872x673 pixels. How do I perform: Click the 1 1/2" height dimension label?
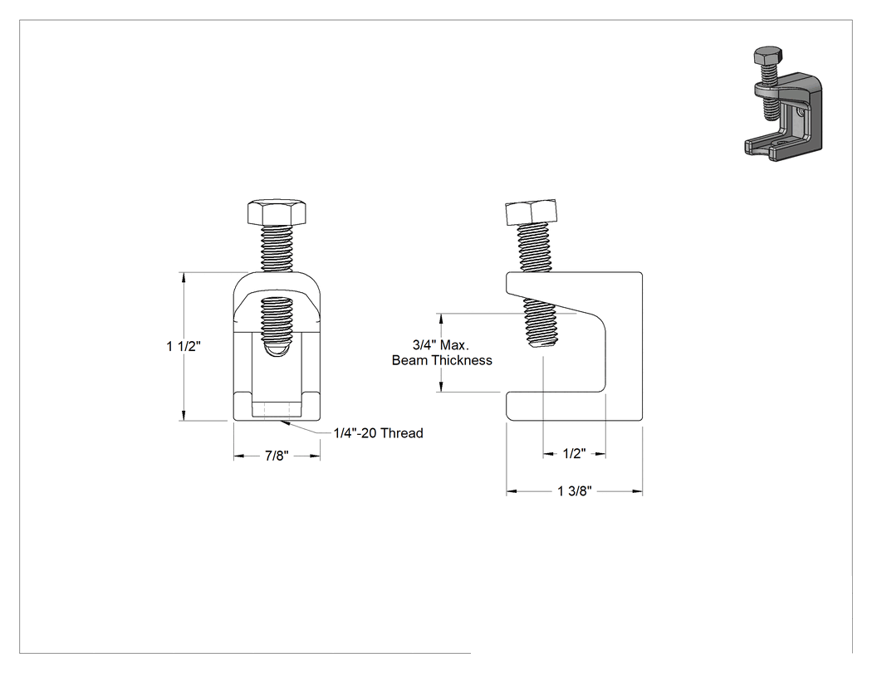(184, 346)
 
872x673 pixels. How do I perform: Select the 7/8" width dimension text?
(277, 456)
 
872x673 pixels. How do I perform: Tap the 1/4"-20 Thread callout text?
(378, 433)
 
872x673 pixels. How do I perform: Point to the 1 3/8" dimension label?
(575, 491)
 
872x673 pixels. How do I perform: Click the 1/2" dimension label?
(574, 453)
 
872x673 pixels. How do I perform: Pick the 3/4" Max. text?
(441, 344)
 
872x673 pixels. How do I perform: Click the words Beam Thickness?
(442, 360)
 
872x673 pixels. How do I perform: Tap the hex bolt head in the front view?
(277, 211)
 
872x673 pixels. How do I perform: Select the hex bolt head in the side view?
(532, 212)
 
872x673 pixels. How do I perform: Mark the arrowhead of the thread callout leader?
(285, 423)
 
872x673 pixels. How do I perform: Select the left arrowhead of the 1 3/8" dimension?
(512, 491)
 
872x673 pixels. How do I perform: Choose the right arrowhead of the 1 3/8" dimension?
(637, 491)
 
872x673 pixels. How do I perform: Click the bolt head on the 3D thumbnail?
(768, 55)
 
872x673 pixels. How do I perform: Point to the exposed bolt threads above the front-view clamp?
(277, 247)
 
